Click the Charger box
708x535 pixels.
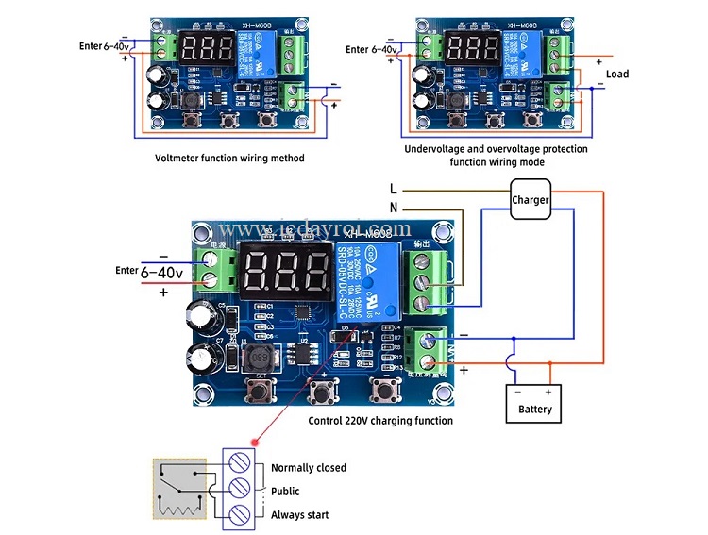[531, 200]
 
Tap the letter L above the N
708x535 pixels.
[394, 189]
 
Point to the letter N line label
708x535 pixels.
[394, 207]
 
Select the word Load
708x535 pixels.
[617, 75]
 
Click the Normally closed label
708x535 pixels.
[309, 468]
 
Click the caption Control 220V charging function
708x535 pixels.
[380, 421]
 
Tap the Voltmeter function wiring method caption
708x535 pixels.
[229, 158]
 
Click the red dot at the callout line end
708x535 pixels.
[255, 443]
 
